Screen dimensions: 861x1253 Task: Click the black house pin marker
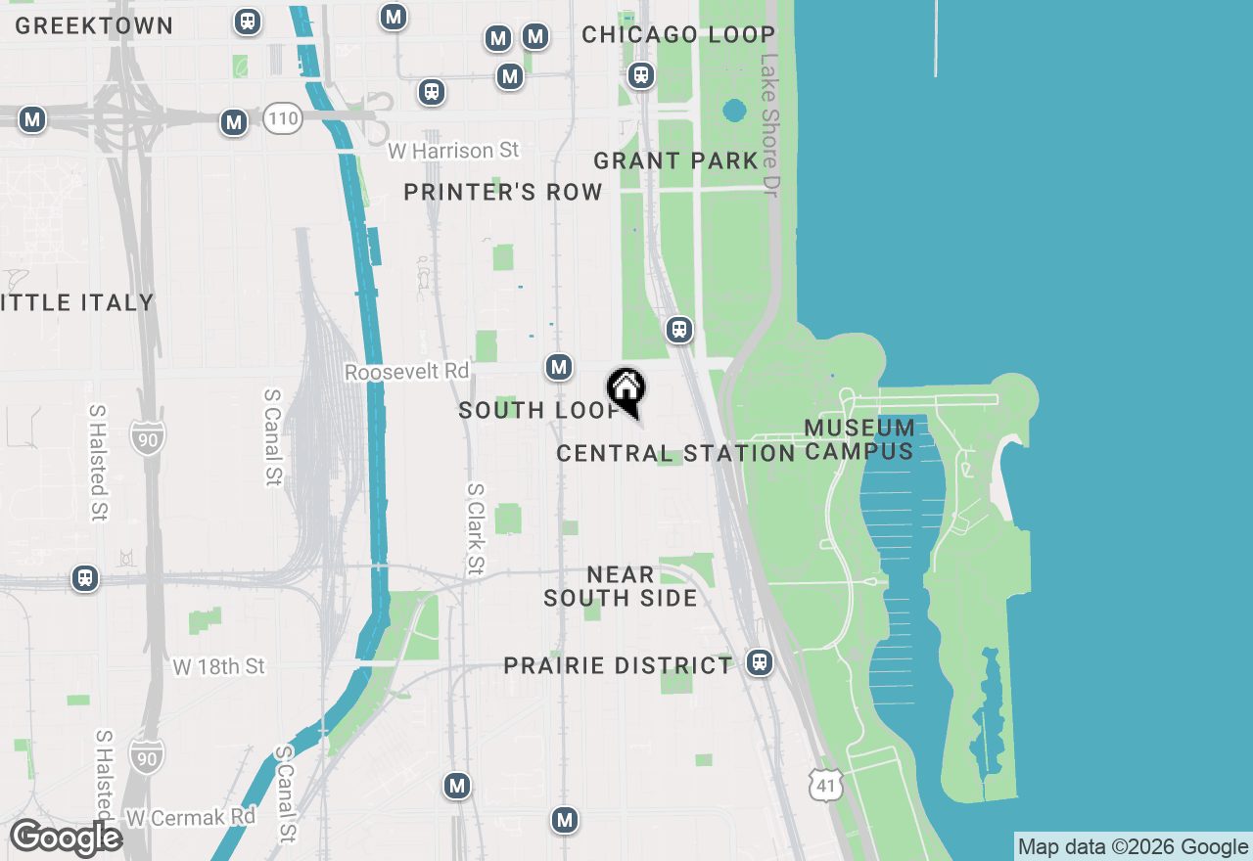[626, 389]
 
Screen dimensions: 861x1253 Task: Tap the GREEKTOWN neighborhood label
[94, 26]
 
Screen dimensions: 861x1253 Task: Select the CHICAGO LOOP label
[678, 35]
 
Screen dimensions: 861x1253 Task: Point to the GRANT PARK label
[676, 160]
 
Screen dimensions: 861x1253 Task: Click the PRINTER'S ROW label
[503, 192]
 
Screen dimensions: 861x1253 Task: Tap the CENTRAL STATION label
[675, 453]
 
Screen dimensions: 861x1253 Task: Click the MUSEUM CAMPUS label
[859, 439]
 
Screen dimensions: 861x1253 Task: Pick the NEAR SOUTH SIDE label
[621, 586]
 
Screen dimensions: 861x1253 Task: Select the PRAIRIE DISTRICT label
[618, 666]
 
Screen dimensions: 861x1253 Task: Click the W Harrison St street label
[453, 151]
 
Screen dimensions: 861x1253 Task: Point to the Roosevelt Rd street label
[407, 373]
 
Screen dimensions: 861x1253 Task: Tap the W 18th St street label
[219, 667]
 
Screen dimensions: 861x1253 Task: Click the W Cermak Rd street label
[191, 816]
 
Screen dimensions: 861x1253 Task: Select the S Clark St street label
[476, 529]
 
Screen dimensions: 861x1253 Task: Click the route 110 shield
[282, 120]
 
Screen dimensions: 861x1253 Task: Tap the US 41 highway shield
[825, 784]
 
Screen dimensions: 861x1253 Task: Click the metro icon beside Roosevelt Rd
[559, 367]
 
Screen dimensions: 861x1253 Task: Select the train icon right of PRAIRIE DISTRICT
[759, 662]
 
